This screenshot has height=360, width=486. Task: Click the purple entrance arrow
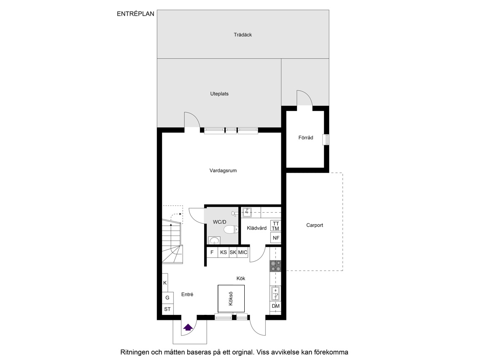point(188,327)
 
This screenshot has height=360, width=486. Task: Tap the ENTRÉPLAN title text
point(135,14)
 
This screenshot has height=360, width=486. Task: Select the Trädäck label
point(243,35)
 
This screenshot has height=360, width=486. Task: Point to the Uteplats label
point(219,94)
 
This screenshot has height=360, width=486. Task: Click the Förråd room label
point(305,137)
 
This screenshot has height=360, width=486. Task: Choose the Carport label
point(315,225)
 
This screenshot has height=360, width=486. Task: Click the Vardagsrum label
point(223,171)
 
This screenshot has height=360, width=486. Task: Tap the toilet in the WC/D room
point(231,230)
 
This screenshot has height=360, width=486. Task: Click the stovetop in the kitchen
point(275,266)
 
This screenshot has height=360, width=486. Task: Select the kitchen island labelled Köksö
point(231,299)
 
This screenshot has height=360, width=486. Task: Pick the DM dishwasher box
point(275,306)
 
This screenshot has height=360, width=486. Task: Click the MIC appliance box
point(243,252)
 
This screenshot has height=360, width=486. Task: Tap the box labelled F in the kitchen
point(212,252)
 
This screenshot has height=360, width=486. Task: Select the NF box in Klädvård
point(276,238)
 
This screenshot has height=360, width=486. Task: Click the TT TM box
point(275,226)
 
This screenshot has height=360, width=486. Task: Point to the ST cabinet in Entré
point(167,309)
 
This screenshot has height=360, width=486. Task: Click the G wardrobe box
point(167,298)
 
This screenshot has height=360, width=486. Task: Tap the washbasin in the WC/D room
point(214,240)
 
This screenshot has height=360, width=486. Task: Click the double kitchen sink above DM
point(275,294)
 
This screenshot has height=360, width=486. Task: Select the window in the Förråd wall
point(325,140)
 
